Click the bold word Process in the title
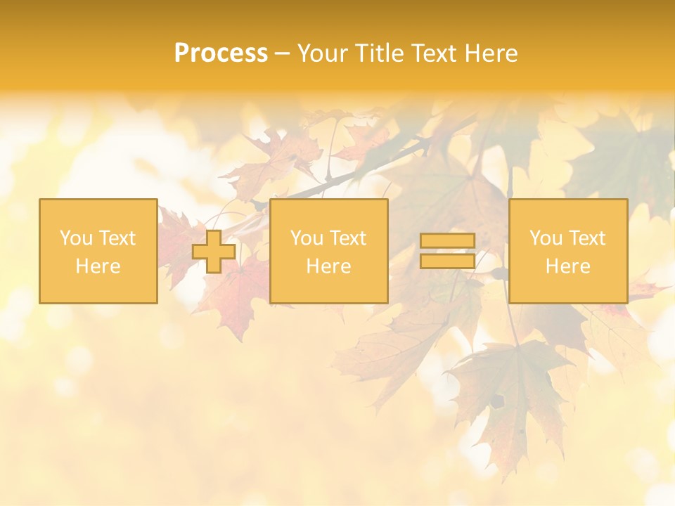[x=221, y=53]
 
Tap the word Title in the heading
[x=376, y=53]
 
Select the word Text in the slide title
[x=437, y=53]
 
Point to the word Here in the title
[x=493, y=53]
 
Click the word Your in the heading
[x=321, y=53]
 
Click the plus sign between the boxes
[x=214, y=252]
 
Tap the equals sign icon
[x=447, y=251]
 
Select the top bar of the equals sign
[x=447, y=241]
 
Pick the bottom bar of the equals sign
[x=447, y=261]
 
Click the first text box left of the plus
[x=98, y=251]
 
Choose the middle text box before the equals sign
[x=328, y=251]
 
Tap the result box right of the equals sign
[x=568, y=251]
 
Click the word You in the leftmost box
[x=76, y=238]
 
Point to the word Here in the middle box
[x=328, y=266]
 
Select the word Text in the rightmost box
[x=587, y=238]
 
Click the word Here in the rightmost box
[x=568, y=266]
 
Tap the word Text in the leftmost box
[x=117, y=238]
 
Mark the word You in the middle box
[x=307, y=238]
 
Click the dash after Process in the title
[x=282, y=54]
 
